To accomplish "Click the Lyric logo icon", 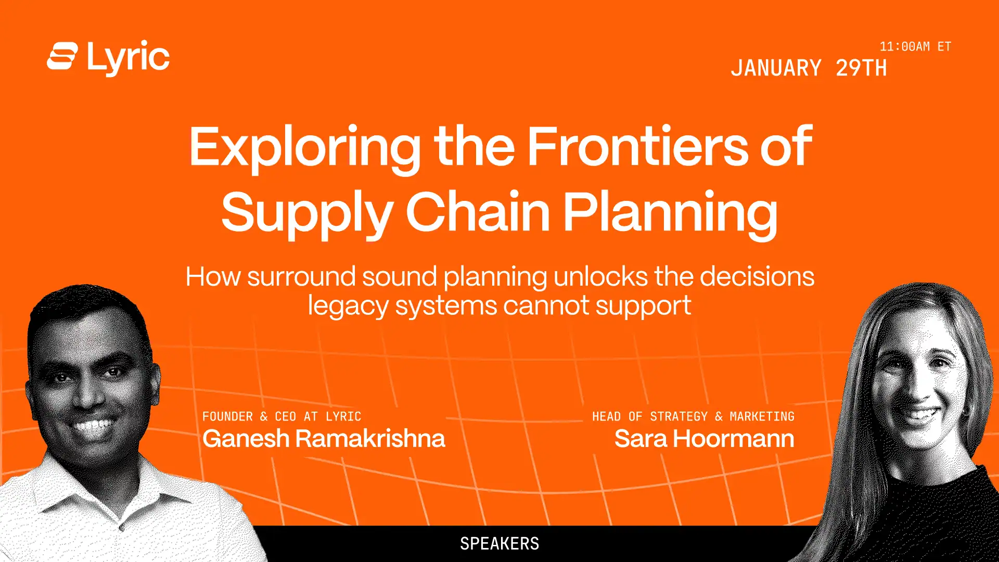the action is coord(62,56).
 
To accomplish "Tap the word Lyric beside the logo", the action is coord(128,58).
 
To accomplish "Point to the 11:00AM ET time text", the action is coord(915,46).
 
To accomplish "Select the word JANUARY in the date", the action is coord(776,68).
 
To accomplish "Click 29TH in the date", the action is coord(861,68).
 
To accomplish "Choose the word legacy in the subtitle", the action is coord(348,306).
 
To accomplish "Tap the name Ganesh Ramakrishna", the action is coord(324,439).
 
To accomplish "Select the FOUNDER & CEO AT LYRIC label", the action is coord(281,416).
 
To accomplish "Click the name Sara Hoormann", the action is coord(705,439).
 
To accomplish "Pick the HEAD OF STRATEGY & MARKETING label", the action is coord(693,416).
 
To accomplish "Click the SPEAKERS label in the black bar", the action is coord(499,544).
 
